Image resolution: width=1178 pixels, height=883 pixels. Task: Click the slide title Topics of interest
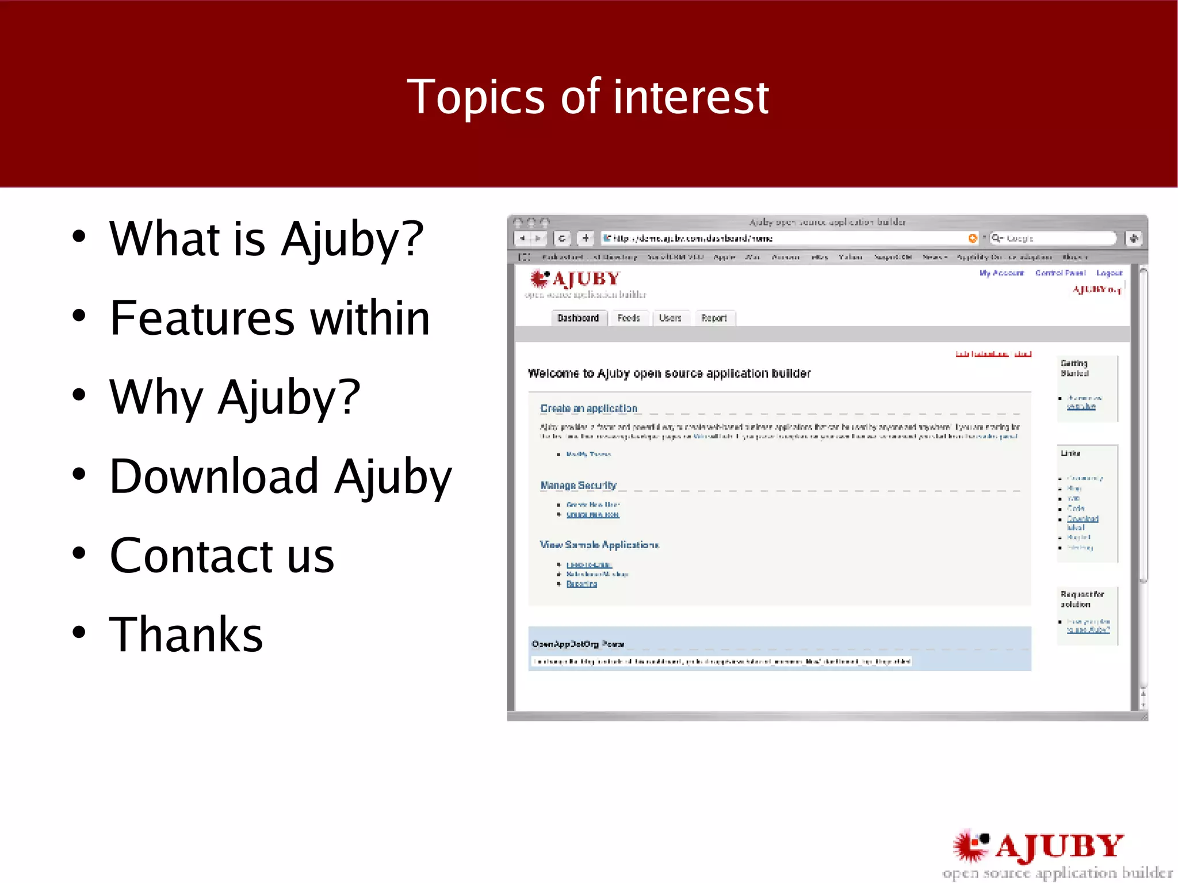[587, 97]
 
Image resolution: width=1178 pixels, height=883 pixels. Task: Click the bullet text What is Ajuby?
[266, 239]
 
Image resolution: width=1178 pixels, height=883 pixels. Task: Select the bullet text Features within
[270, 318]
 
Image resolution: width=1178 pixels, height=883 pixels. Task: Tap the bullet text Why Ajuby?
[235, 397]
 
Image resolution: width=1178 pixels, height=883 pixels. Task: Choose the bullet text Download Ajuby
[281, 476]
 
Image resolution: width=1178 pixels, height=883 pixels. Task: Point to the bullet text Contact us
[221, 556]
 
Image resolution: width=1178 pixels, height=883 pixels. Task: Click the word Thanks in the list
[186, 634]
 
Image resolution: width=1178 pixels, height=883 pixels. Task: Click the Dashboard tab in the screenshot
[578, 318]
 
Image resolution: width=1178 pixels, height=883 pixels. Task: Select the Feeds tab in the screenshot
[628, 318]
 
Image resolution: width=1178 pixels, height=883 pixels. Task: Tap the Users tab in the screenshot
[670, 318]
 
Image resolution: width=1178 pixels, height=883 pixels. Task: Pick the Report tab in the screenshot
[714, 318]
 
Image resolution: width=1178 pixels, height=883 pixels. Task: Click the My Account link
[1001, 273]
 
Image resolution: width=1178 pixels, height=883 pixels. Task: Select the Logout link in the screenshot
[1108, 273]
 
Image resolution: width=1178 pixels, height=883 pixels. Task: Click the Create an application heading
[588, 408]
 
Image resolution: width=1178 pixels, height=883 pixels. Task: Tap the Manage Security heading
[578, 486]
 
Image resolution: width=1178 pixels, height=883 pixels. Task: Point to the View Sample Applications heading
[599, 545]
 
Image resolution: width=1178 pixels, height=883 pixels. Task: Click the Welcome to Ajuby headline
[669, 374]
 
